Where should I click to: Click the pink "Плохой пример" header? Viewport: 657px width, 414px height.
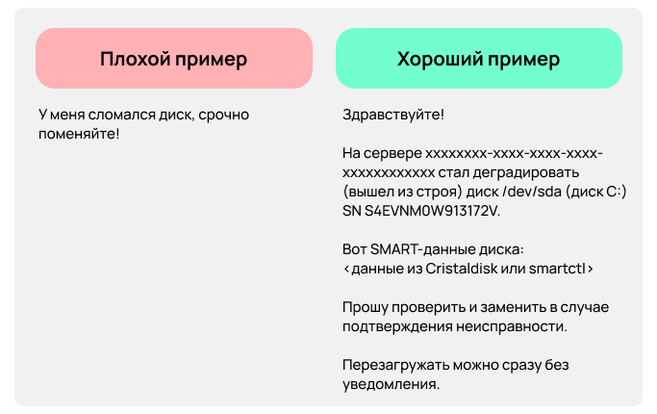coord(174,59)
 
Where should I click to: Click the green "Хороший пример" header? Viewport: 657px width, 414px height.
coord(478,59)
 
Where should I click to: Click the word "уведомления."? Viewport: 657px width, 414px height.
coord(391,384)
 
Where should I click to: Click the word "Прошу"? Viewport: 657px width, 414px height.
coord(362,307)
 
